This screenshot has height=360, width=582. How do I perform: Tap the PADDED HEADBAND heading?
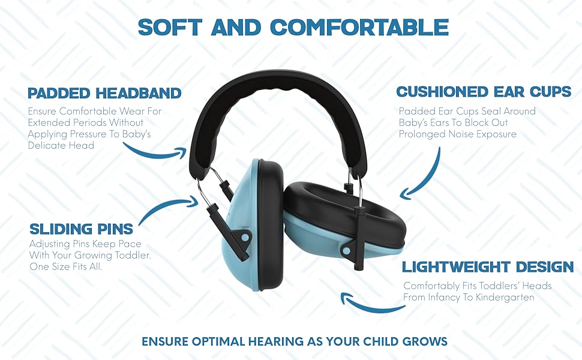[x=104, y=93]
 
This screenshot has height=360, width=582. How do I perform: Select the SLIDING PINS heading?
[x=81, y=229]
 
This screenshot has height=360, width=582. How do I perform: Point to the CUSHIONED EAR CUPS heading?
[x=484, y=92]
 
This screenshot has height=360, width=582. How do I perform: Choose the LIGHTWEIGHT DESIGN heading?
[x=488, y=267]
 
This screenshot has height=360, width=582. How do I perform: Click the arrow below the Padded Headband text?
[x=160, y=153]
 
